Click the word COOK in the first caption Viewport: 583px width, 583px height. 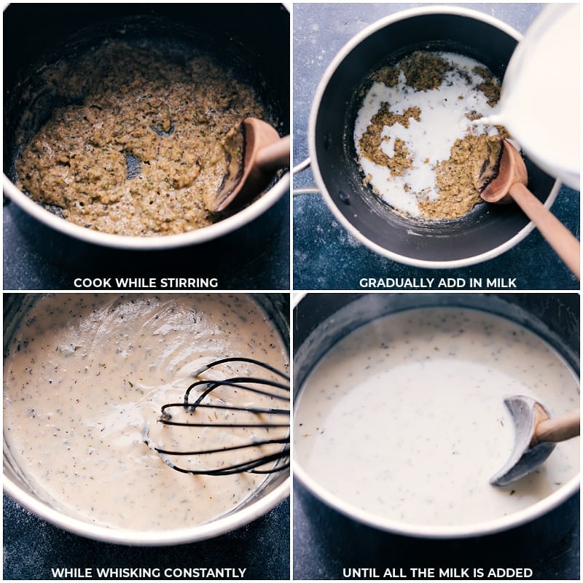[92, 283]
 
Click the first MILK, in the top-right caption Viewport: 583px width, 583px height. [501, 283]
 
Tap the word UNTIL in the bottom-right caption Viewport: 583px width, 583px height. [361, 573]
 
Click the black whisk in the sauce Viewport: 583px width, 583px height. [219, 415]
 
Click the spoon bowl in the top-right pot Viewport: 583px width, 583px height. [503, 175]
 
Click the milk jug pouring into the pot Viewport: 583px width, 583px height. [543, 87]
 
